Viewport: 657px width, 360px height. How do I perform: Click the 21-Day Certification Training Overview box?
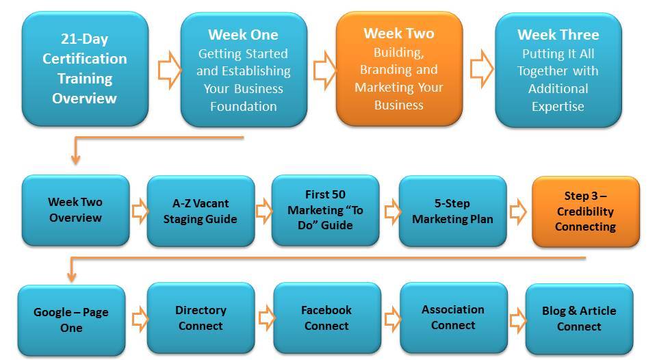click(x=85, y=68)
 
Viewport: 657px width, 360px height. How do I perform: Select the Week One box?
click(x=244, y=70)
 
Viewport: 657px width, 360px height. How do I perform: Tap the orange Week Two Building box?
click(x=399, y=68)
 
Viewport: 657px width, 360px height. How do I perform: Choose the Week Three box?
click(x=558, y=70)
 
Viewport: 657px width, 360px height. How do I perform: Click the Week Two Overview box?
click(x=76, y=210)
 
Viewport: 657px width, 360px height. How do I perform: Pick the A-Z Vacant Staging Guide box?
click(x=201, y=211)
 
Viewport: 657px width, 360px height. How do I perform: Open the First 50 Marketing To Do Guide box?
click(x=326, y=210)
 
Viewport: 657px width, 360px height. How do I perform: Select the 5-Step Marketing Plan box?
click(x=453, y=211)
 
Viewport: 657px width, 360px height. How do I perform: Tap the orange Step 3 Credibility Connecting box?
click(x=586, y=211)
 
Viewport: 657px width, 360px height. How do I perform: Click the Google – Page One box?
click(x=72, y=320)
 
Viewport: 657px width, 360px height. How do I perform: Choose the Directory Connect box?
click(x=201, y=318)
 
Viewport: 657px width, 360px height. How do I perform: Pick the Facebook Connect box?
click(x=327, y=318)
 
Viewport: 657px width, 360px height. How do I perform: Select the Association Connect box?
click(x=454, y=318)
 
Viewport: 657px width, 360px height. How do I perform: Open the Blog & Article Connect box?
click(x=580, y=319)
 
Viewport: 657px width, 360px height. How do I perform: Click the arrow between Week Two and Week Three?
click(x=481, y=68)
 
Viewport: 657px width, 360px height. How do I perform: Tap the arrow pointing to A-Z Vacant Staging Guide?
click(x=140, y=211)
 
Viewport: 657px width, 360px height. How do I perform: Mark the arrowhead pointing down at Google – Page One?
click(x=72, y=277)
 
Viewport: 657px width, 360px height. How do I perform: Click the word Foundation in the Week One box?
click(x=244, y=107)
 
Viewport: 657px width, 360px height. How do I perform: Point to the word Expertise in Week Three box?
click(x=558, y=107)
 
